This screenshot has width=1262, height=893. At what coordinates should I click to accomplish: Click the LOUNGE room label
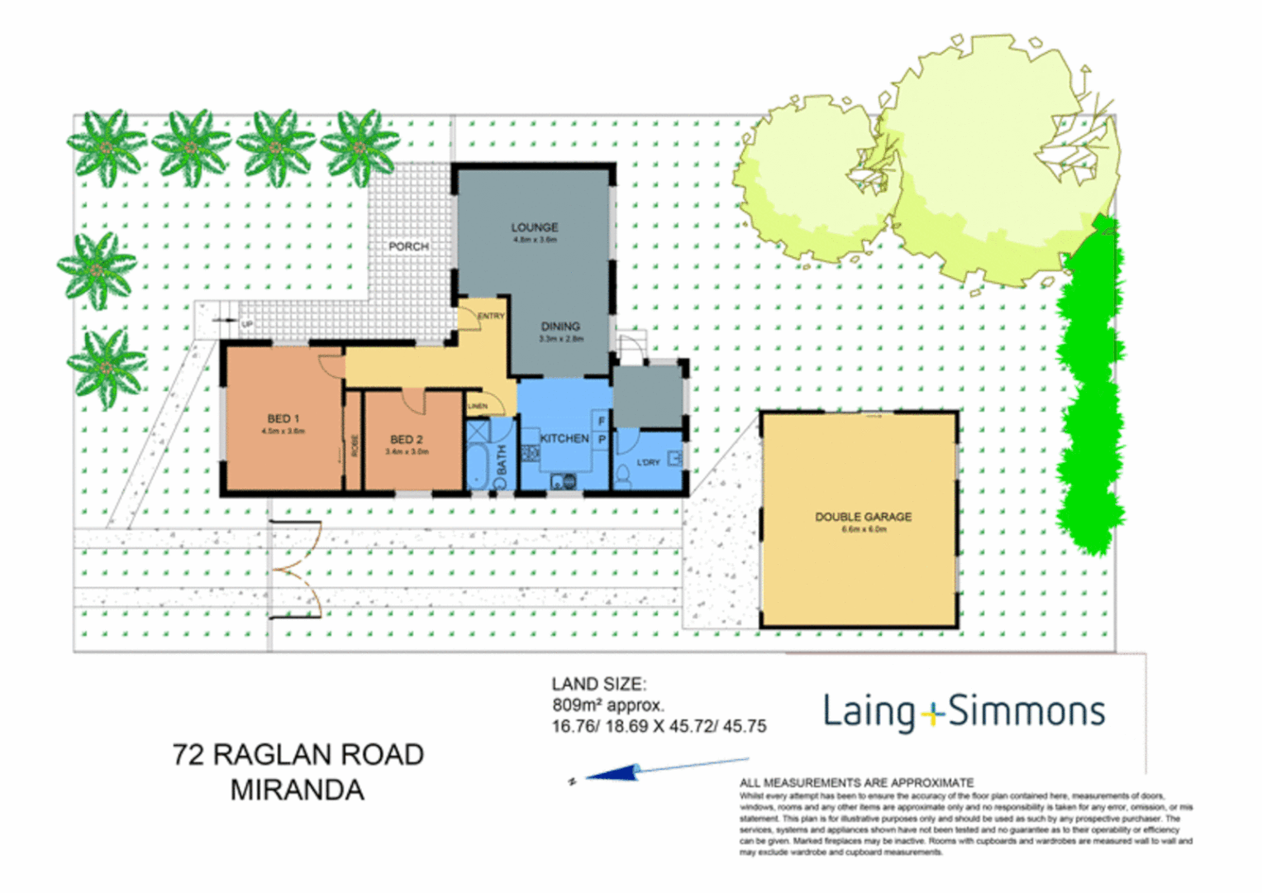535,227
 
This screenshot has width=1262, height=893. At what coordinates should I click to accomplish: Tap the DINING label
560,327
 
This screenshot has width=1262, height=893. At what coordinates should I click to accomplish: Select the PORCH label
408,246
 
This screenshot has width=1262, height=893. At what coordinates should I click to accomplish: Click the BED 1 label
283,418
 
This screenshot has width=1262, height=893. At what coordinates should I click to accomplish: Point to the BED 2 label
407,440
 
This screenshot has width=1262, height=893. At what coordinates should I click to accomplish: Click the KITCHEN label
564,438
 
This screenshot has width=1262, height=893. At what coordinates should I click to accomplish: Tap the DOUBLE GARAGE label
864,517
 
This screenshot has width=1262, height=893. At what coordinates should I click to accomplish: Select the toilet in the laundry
623,475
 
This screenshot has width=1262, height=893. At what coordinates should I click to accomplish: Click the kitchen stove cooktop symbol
530,452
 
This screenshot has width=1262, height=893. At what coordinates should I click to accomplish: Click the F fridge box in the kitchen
602,421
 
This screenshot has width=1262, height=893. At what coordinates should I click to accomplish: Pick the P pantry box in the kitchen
602,440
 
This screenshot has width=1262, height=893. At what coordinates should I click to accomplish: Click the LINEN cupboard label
478,406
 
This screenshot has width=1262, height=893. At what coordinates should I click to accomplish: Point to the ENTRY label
490,316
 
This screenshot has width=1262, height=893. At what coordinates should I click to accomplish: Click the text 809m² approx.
607,705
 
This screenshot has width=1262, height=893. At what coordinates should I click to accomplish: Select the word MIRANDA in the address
298,790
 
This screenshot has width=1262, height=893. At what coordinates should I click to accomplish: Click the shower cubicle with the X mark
477,432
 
